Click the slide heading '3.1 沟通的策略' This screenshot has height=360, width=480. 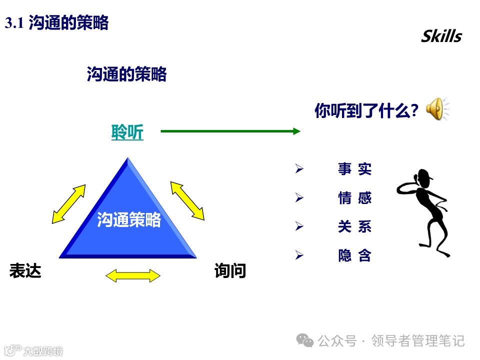coord(56,23)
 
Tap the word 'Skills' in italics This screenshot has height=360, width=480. coord(441,36)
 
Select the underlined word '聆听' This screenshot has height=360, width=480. coord(127,132)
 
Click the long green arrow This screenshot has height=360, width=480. coord(230,131)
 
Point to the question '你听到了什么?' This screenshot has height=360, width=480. coord(366,110)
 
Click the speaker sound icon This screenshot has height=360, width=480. coord(436,109)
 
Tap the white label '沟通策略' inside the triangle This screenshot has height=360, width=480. coord(129,219)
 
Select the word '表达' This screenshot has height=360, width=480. coord(25,271)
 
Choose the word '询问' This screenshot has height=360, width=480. coord(230,271)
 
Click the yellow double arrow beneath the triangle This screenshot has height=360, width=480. coord(133,275)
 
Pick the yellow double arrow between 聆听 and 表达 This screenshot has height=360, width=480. coord(69,203)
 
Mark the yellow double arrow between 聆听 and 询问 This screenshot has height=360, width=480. coord(187,200)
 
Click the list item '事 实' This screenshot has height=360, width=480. coord(354,169)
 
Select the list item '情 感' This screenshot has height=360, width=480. coord(354,198)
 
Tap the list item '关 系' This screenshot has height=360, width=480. coord(354,227)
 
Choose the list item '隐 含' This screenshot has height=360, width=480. coord(354,256)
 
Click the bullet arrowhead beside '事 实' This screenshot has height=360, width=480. coord(299,169)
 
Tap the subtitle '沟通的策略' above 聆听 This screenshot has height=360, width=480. coord(126,74)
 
